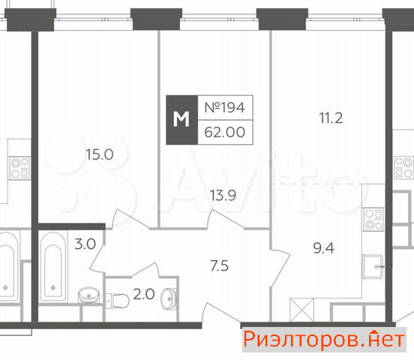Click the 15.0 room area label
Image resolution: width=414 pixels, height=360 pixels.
pos(100,154)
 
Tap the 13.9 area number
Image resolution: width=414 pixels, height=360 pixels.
pos(223,196)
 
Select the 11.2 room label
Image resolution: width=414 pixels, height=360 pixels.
pos(331,118)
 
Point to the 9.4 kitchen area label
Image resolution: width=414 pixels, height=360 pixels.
pos(324,248)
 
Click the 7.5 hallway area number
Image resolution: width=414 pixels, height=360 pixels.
pos(220,265)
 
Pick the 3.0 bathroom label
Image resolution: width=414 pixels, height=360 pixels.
pos(85,244)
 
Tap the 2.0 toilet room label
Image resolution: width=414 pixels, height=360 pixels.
pos(144,294)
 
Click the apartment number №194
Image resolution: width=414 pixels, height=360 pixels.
pos(225,107)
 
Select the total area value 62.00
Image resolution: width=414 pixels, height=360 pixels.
pos(225,132)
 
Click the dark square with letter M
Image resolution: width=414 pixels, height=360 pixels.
pos(181,120)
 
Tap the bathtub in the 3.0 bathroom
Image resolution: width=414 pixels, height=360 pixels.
pos(53,267)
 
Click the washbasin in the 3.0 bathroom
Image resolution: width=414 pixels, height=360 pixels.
pos(88,295)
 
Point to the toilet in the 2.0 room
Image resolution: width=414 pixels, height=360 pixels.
pos(117,300)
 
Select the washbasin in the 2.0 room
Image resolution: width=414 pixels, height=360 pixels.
pos(169,298)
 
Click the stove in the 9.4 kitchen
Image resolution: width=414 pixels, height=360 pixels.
pos(373,219)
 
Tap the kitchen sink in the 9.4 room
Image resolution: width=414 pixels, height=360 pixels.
pos(373,266)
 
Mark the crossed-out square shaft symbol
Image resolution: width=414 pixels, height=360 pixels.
pos(301,310)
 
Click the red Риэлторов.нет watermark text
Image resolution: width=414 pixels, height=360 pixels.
pos(324,340)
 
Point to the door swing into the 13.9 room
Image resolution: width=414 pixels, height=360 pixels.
pos(225,219)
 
